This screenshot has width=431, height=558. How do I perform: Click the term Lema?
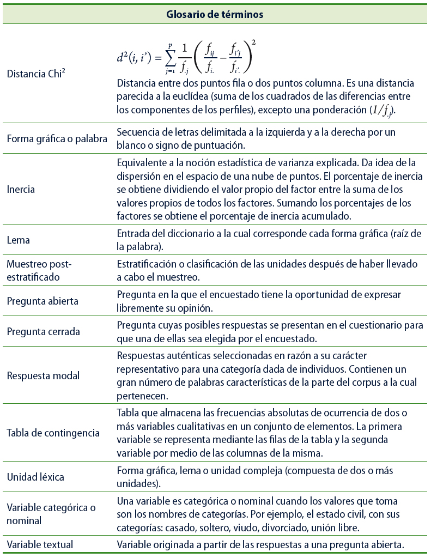coord(18,240)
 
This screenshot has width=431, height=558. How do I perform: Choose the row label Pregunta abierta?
coord(43,301)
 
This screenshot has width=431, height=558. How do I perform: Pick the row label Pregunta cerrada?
coord(43,331)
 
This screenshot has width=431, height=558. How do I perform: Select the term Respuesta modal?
coord(43,376)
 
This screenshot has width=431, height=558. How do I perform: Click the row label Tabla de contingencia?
coord(53,433)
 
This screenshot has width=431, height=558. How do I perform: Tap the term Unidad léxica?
coord(35,477)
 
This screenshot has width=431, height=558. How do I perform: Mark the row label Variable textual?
coord(40,544)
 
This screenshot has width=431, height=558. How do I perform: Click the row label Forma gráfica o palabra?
coord(57,138)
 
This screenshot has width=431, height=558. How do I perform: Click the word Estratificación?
coord(147,264)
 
